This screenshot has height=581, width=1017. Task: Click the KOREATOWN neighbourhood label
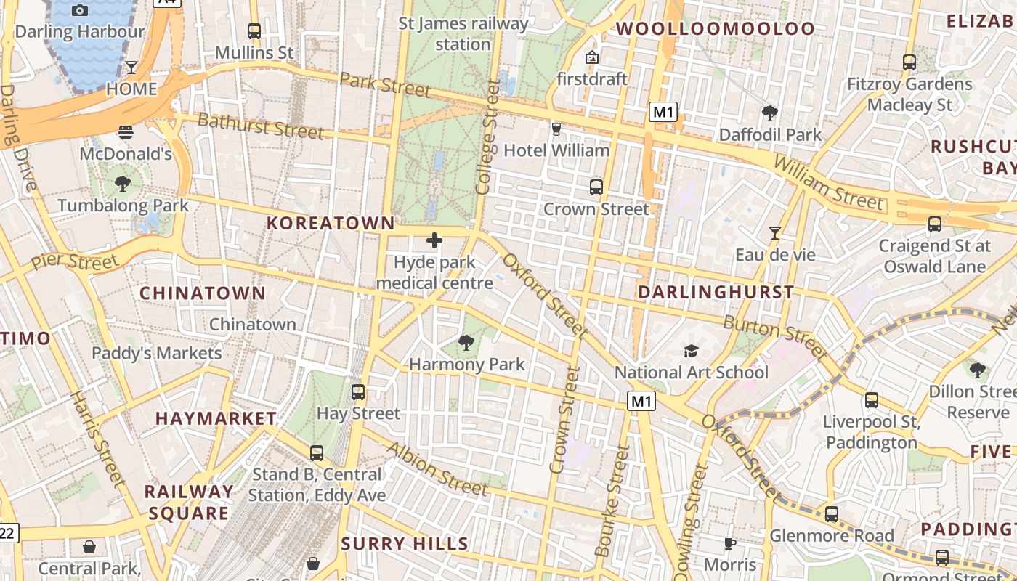(331, 223)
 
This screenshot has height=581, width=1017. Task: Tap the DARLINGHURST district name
(716, 292)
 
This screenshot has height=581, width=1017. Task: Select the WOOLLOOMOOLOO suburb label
(716, 29)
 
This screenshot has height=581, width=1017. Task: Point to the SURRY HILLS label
(405, 544)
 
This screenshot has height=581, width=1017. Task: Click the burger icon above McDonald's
(126, 132)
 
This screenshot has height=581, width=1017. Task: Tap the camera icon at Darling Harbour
(81, 10)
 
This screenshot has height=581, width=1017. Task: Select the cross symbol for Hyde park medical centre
(434, 240)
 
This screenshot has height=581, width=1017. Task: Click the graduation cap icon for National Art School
(691, 352)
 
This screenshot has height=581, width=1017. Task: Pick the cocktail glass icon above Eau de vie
(775, 233)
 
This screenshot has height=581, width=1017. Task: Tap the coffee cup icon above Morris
(730, 543)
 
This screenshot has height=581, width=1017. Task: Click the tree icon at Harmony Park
(466, 342)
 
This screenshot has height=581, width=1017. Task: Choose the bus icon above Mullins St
(254, 31)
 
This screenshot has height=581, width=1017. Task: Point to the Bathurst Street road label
(261, 126)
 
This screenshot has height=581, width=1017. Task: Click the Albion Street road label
(437, 469)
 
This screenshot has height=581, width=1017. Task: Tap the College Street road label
(488, 138)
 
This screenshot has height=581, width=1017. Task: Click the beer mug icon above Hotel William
(556, 129)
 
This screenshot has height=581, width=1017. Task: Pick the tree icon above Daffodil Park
(770, 113)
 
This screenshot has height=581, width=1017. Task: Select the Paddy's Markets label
(157, 353)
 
